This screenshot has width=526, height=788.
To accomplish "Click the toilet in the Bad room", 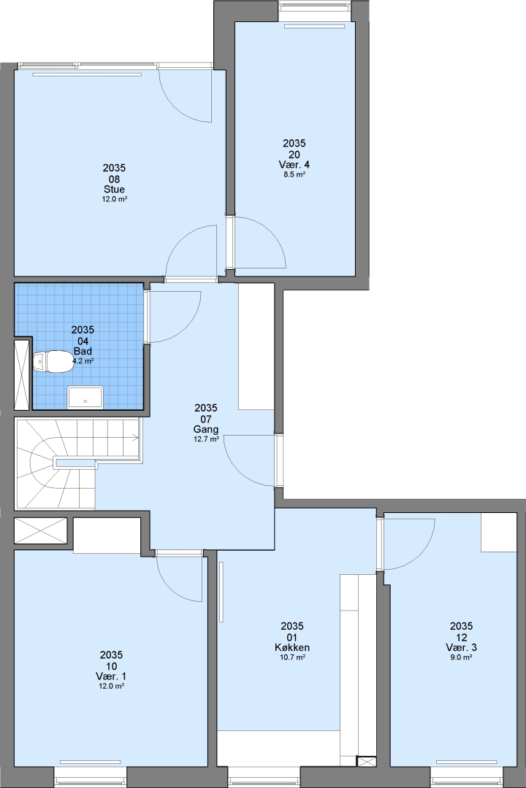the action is [x=53, y=361].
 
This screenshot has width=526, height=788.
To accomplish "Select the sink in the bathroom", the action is [x=85, y=397].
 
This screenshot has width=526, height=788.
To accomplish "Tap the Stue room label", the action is [x=114, y=190].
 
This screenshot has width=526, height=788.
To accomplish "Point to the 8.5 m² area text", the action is [x=294, y=174].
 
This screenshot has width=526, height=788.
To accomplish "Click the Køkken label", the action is [x=292, y=647].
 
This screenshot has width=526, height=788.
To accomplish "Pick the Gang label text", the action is [x=206, y=429].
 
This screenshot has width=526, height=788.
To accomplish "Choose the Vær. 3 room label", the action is [x=461, y=647].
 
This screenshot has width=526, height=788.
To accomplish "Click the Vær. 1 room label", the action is [x=111, y=676].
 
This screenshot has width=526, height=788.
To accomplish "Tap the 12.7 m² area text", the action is [x=206, y=439].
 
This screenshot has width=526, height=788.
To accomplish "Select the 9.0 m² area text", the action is [x=461, y=657].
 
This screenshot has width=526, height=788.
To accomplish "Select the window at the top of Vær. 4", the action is [x=315, y=7].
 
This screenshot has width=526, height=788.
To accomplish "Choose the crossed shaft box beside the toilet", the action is [x=22, y=375].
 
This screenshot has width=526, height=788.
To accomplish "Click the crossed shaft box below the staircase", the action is [x=40, y=530].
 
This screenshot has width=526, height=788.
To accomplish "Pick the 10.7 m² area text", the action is [x=292, y=657].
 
